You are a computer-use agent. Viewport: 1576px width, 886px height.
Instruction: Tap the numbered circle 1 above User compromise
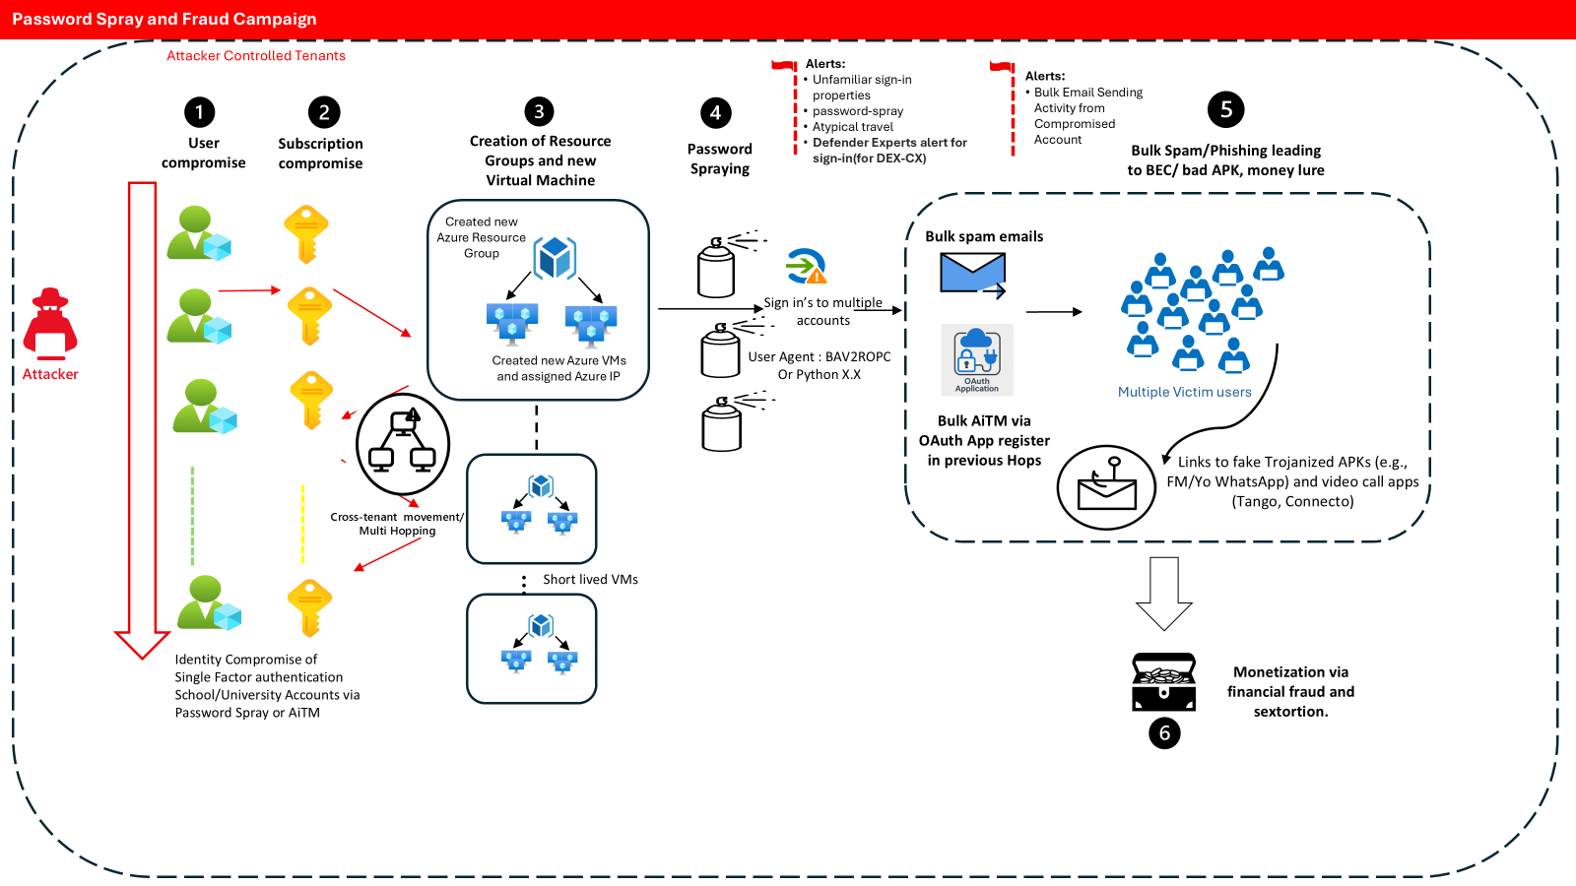[199, 112]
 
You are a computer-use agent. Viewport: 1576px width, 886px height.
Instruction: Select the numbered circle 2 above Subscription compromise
[324, 112]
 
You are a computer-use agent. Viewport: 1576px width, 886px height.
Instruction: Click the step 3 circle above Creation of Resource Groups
[539, 111]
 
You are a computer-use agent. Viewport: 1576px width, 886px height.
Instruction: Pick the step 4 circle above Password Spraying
[716, 113]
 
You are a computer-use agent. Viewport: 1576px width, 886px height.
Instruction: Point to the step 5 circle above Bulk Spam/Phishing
[1226, 109]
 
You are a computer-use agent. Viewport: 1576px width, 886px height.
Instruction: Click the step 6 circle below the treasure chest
[1164, 732]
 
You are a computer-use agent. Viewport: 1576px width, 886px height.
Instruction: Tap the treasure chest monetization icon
[1163, 682]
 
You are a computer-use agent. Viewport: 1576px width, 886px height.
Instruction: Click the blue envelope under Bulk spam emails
[972, 274]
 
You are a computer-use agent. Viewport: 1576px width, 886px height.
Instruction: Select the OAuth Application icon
[977, 359]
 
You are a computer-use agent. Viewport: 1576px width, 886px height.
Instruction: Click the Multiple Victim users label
[1184, 392]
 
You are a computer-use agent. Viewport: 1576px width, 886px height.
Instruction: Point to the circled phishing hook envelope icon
[1106, 487]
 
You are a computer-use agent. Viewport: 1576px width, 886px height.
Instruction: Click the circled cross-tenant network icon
[402, 445]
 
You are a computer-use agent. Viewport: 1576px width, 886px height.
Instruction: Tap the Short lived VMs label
[590, 580]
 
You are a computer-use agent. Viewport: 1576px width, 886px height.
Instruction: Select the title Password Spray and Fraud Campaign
[164, 19]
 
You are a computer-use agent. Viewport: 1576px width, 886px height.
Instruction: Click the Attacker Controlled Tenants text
[256, 56]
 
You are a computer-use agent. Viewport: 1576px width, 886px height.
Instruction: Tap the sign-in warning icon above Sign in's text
[807, 266]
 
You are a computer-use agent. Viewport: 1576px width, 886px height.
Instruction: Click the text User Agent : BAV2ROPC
[819, 357]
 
